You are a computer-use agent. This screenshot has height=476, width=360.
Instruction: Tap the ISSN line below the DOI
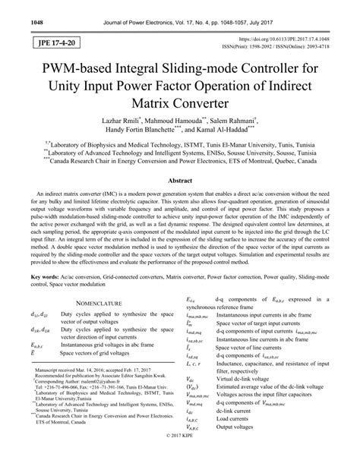290,46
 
